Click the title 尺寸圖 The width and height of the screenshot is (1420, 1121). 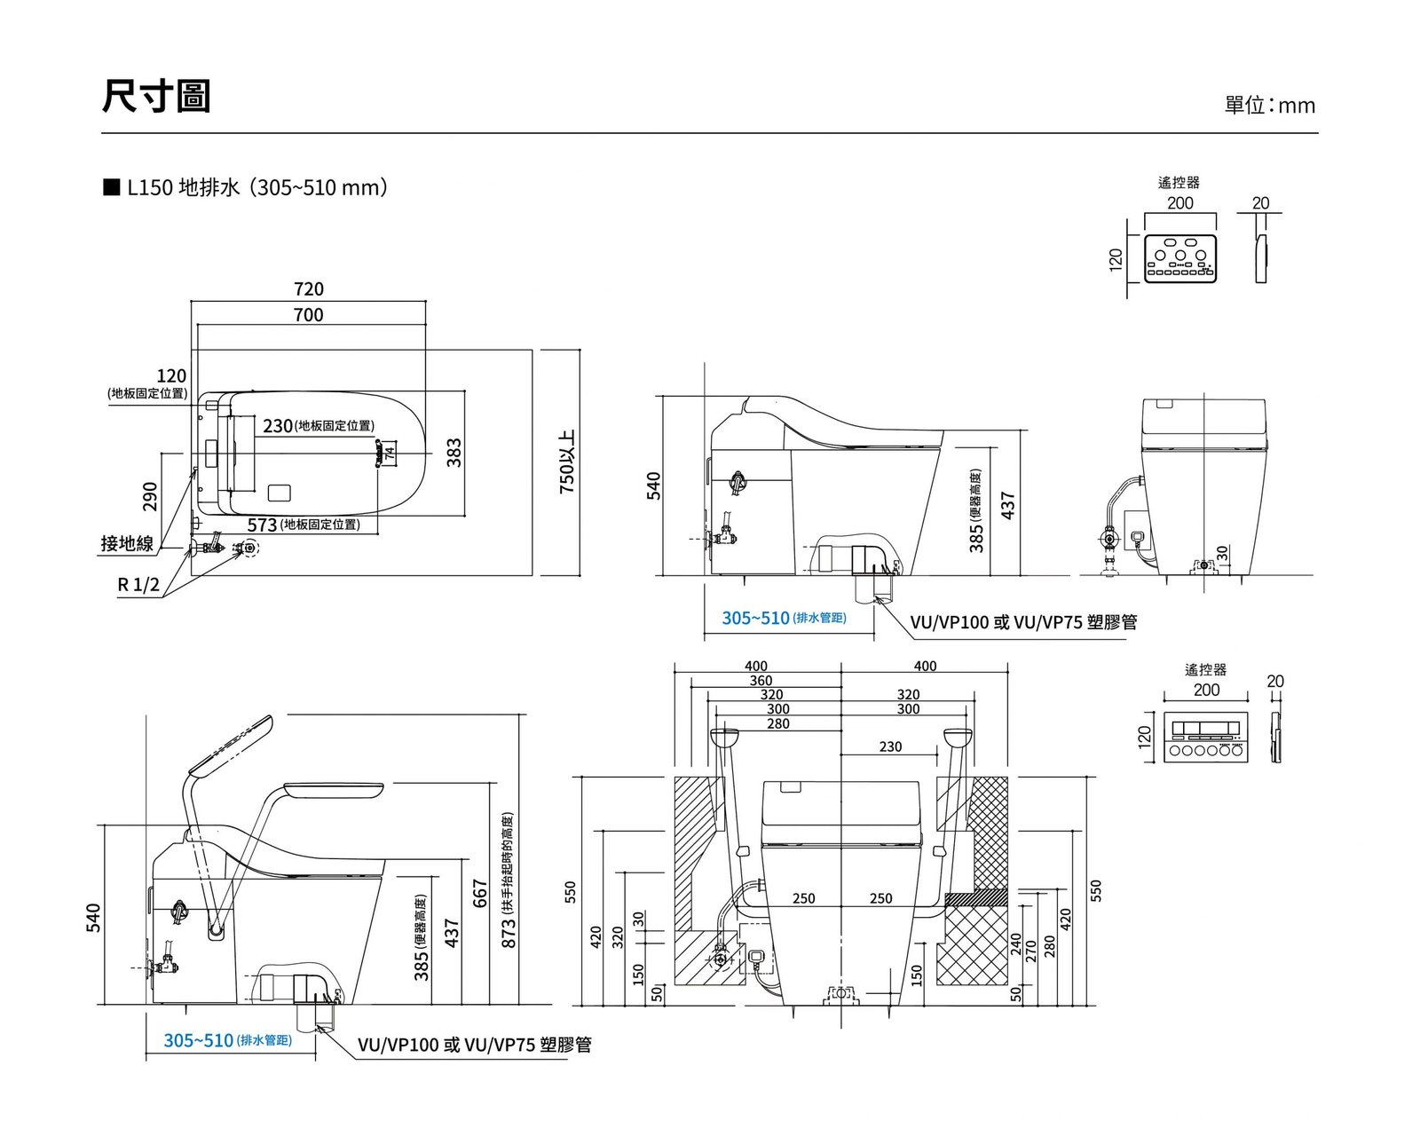click(x=156, y=96)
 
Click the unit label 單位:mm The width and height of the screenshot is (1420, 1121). click(x=1269, y=106)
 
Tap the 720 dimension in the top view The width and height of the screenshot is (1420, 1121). click(x=308, y=289)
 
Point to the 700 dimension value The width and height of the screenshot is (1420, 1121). click(x=308, y=315)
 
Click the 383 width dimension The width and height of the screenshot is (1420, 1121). click(x=454, y=454)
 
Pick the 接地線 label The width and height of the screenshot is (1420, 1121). click(x=127, y=543)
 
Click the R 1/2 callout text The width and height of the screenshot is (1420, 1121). click(x=138, y=585)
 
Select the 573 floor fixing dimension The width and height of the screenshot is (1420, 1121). click(x=262, y=525)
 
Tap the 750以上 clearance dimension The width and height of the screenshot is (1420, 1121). click(x=567, y=462)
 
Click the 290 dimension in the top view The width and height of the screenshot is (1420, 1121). click(x=149, y=496)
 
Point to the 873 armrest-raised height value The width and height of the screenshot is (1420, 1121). click(x=509, y=933)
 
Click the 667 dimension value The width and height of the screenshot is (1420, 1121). click(x=480, y=894)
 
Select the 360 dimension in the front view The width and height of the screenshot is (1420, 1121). click(x=761, y=681)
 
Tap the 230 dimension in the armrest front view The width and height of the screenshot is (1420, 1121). click(x=890, y=747)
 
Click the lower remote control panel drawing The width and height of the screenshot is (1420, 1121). click(x=1206, y=737)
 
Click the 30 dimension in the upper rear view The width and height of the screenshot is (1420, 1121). click(x=1222, y=553)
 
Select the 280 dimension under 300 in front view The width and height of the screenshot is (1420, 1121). click(x=777, y=724)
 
